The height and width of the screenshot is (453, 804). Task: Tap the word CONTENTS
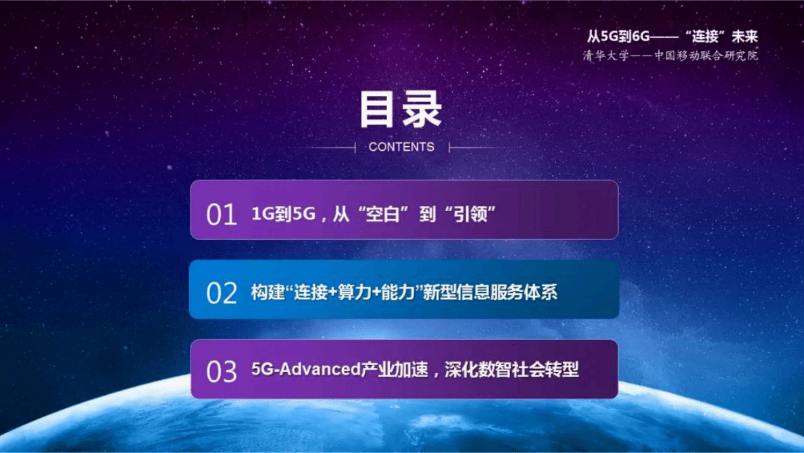point(401,147)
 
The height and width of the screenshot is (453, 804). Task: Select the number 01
point(222,215)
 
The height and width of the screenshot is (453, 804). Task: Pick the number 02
point(222,293)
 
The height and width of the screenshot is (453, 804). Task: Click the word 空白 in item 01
point(375,214)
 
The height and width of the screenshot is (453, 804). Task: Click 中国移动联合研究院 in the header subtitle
point(706,55)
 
